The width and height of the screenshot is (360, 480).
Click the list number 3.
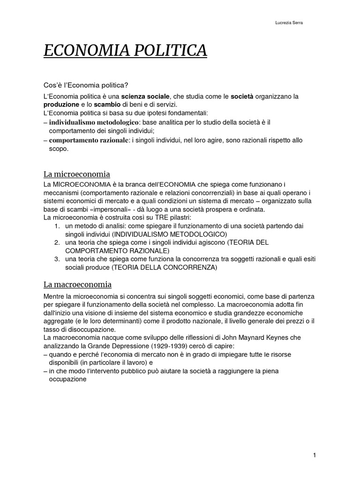[x=56, y=259]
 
